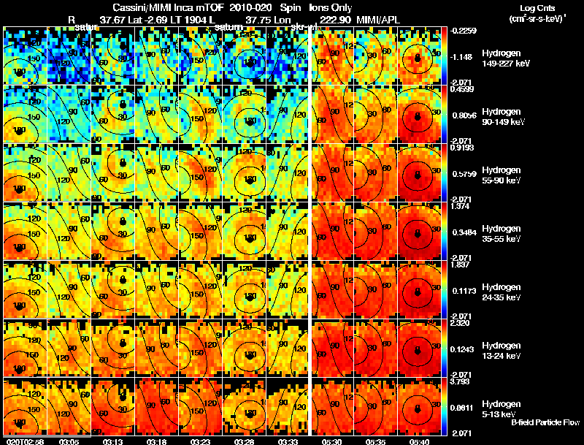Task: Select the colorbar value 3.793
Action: [462, 381]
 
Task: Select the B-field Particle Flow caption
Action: [545, 422]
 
